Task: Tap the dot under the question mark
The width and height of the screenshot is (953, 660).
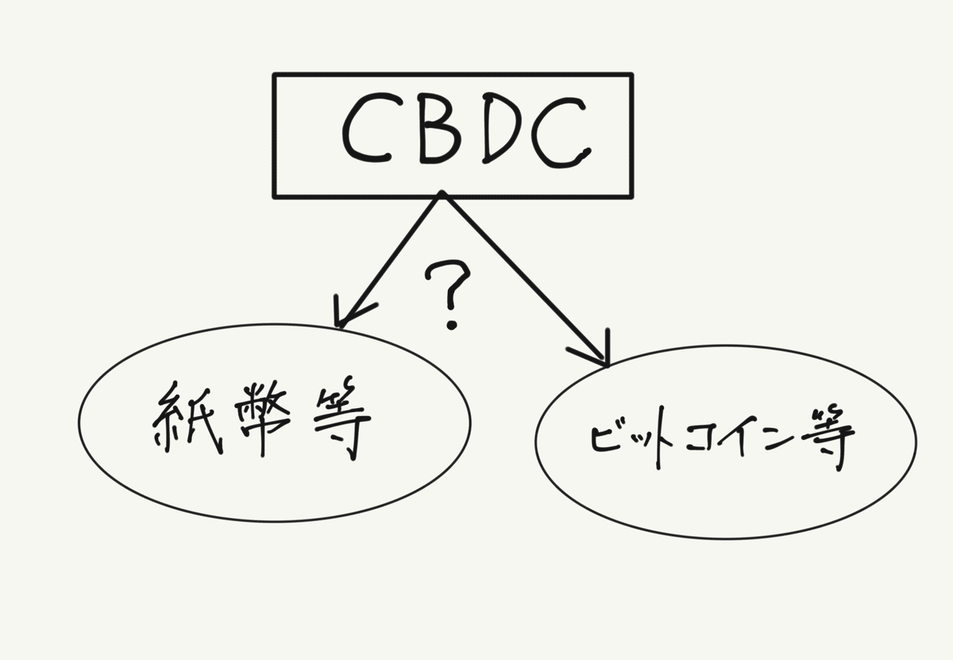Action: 452,324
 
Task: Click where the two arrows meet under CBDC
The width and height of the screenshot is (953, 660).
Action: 441,195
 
